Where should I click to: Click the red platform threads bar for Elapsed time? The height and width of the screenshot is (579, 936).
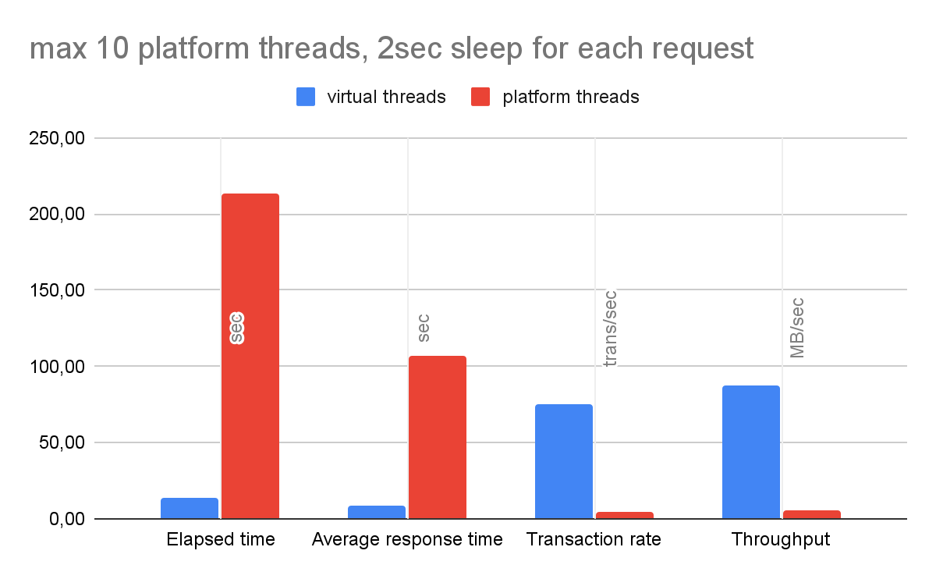[x=250, y=356]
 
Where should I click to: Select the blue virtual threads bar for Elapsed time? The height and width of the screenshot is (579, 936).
[x=190, y=508]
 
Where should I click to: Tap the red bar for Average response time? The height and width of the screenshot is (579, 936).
[x=438, y=437]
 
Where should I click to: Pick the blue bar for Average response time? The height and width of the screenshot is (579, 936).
[x=377, y=512]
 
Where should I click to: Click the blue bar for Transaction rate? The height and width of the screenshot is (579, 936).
[x=564, y=461]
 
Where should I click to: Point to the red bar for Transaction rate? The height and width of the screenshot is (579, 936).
[x=625, y=516]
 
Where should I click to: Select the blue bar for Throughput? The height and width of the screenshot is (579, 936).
[x=751, y=452]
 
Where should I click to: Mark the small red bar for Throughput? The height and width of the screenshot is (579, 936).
[x=812, y=514]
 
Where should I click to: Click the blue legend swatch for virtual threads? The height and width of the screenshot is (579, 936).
[x=306, y=97]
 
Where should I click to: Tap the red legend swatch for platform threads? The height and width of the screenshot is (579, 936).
[x=480, y=97]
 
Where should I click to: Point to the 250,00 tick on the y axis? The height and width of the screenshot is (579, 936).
[x=57, y=138]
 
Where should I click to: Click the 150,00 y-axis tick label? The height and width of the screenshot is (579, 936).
[x=57, y=289]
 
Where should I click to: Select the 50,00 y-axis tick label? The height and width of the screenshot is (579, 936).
[x=62, y=442]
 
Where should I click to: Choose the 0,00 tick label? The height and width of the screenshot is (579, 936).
[x=67, y=519]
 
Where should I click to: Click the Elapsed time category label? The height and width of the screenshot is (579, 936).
[x=221, y=539]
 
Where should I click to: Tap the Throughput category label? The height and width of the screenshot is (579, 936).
[x=781, y=540]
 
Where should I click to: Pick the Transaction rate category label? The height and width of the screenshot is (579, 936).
[x=594, y=539]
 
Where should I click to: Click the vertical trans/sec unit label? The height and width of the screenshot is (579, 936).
[x=610, y=329]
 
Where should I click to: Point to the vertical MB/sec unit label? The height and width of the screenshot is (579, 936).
[x=797, y=329]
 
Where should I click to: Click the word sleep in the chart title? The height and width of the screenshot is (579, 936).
[x=486, y=49]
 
